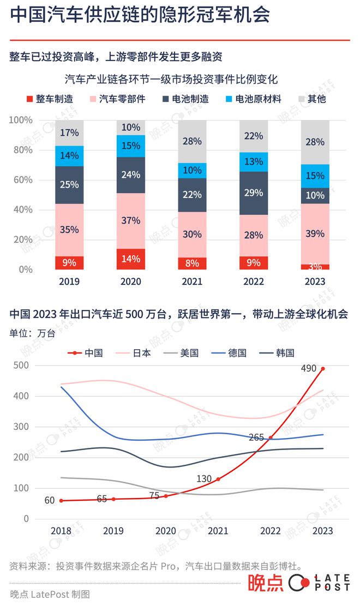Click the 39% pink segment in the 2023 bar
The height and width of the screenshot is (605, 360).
(x=315, y=233)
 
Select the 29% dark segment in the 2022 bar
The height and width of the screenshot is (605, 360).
(x=254, y=193)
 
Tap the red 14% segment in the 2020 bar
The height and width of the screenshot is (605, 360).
(x=130, y=259)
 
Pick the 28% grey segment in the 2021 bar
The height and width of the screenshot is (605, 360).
(x=192, y=141)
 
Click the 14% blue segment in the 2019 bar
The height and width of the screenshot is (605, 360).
(x=69, y=155)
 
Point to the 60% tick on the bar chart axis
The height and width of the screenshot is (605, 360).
(x=22, y=180)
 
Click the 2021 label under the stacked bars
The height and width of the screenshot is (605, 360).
(x=192, y=281)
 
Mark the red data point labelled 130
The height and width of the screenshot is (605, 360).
(x=218, y=479)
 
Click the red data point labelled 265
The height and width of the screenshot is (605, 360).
(x=271, y=438)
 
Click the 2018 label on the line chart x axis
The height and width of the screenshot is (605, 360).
(x=61, y=531)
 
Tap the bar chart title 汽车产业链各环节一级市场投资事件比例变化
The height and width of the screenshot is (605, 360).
(x=171, y=80)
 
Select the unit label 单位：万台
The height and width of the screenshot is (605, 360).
(x=32, y=333)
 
